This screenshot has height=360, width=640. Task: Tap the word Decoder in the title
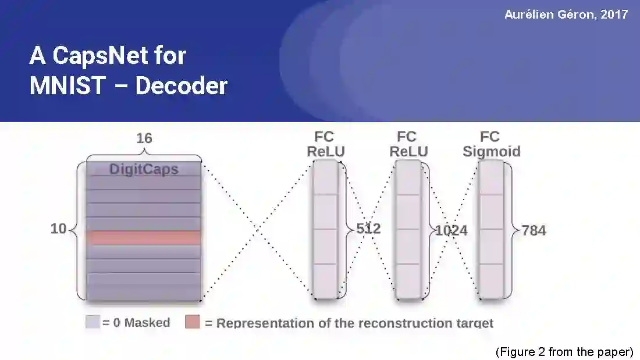tap(181, 86)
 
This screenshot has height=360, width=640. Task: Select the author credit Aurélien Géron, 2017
tap(566, 15)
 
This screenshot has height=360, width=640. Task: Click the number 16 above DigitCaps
tap(144, 139)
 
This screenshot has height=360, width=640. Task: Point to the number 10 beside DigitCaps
tap(58, 229)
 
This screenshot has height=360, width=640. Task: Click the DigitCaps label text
tap(144, 169)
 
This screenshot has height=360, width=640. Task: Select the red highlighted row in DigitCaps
tap(144, 237)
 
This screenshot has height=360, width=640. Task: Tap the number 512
tap(368, 229)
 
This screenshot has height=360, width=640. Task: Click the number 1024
tap(451, 231)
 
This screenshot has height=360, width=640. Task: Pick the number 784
tap(534, 230)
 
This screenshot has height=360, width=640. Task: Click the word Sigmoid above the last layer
tap(491, 152)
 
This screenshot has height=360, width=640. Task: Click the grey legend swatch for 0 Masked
tap(93, 322)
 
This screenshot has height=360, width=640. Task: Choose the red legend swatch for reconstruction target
tap(193, 322)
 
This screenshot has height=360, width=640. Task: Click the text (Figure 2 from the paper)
tap(564, 352)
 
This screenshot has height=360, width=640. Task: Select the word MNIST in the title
tap(67, 86)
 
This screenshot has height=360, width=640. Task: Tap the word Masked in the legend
tap(147, 323)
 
